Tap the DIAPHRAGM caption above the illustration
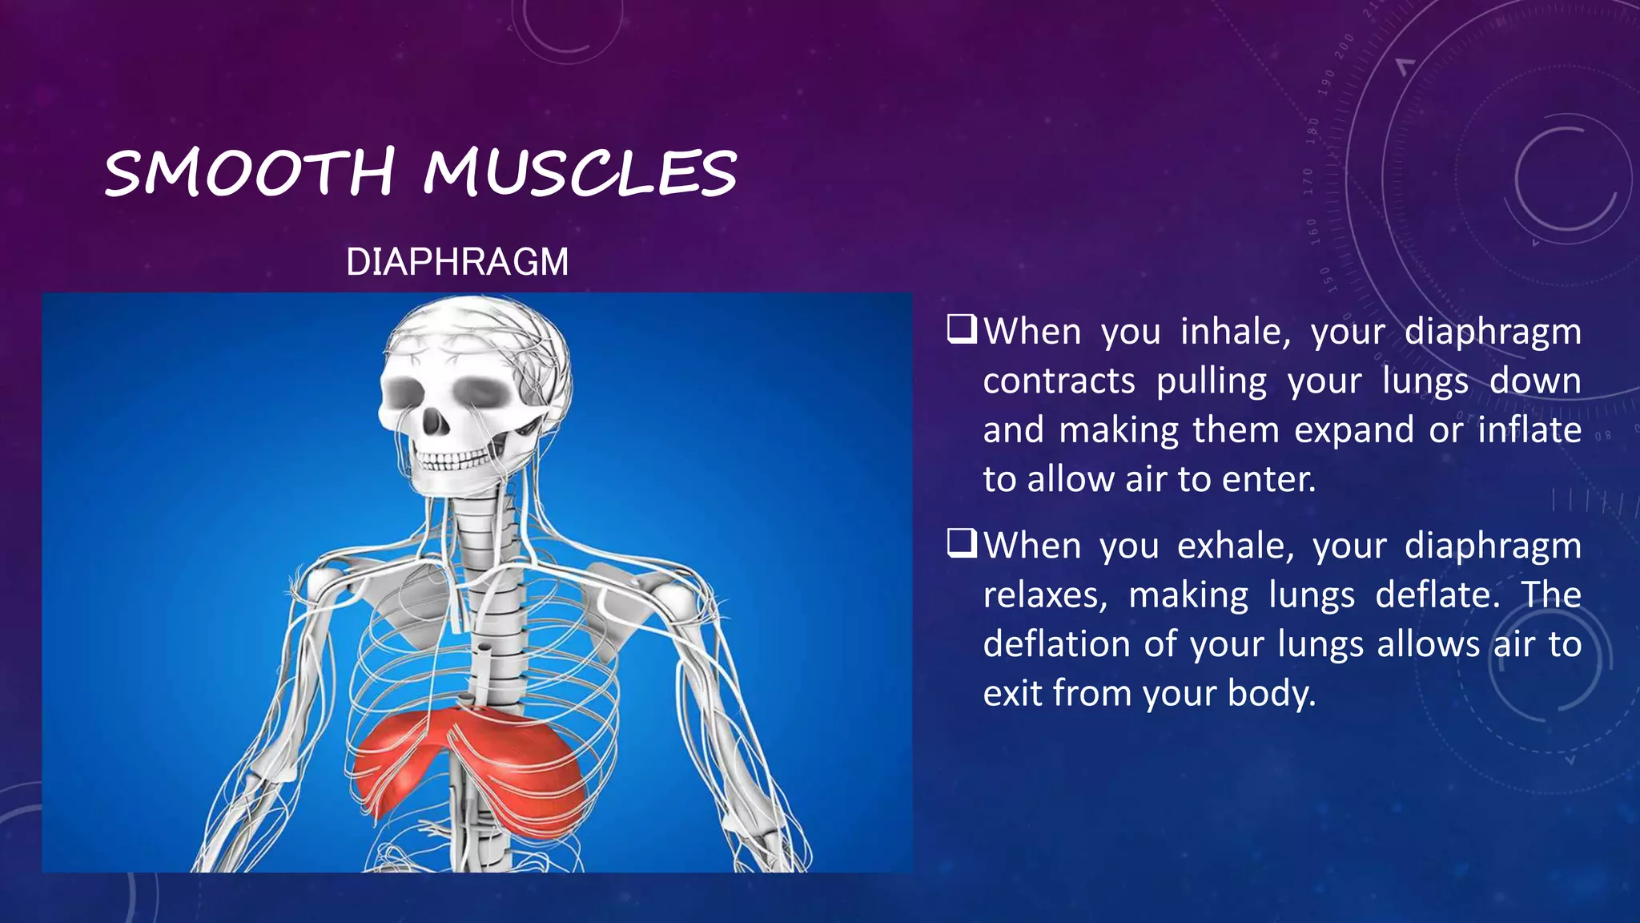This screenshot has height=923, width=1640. (x=457, y=262)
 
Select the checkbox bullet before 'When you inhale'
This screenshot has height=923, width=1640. (x=962, y=329)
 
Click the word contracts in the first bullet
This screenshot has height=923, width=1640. (x=1059, y=381)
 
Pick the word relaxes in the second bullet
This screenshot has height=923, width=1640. (x=1045, y=595)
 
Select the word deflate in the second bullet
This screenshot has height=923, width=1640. (x=1437, y=595)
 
